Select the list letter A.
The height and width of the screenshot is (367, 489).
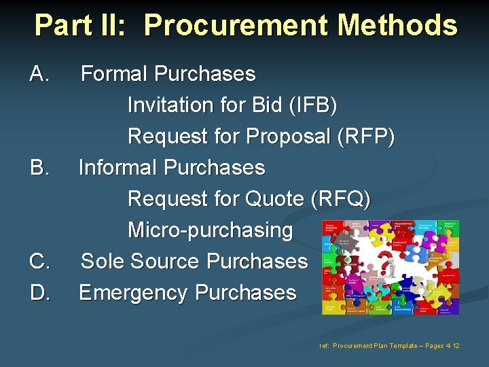point(39,73)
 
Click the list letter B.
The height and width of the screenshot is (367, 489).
point(39,167)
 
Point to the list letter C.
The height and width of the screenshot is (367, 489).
point(39,261)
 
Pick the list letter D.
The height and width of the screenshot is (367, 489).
point(39,292)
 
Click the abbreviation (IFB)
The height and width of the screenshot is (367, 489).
point(312,105)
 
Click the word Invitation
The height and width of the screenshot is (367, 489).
point(170,105)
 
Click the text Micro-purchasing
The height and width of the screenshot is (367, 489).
point(210,230)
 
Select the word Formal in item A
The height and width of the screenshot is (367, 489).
point(115,73)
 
